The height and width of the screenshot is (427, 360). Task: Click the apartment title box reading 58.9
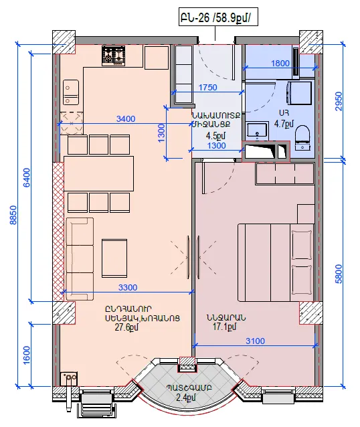[218, 17]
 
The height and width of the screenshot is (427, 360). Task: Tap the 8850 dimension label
[13, 215]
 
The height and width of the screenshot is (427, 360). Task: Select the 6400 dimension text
[27, 177]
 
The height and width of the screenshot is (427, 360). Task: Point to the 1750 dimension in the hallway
[208, 88]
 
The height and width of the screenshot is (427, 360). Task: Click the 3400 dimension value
[126, 118]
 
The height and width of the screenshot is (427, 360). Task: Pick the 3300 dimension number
[128, 287]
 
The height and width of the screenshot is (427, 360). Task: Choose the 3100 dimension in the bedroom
[255, 341]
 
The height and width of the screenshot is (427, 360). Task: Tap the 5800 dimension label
[339, 274]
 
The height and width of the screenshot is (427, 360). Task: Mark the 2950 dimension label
[339, 101]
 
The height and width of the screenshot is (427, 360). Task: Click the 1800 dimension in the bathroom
[280, 63]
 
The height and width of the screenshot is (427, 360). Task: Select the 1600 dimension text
[27, 355]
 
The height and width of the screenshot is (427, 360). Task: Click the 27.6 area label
[126, 327]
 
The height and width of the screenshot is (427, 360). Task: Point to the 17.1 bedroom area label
[225, 327]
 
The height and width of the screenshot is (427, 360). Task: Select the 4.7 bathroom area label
[284, 124]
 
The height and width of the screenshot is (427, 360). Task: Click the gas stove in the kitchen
[114, 56]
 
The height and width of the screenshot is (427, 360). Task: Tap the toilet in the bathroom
[303, 138]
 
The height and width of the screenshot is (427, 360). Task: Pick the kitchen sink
[71, 92]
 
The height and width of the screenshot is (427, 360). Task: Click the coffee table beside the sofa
[114, 258]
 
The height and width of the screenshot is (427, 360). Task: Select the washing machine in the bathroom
[299, 93]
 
